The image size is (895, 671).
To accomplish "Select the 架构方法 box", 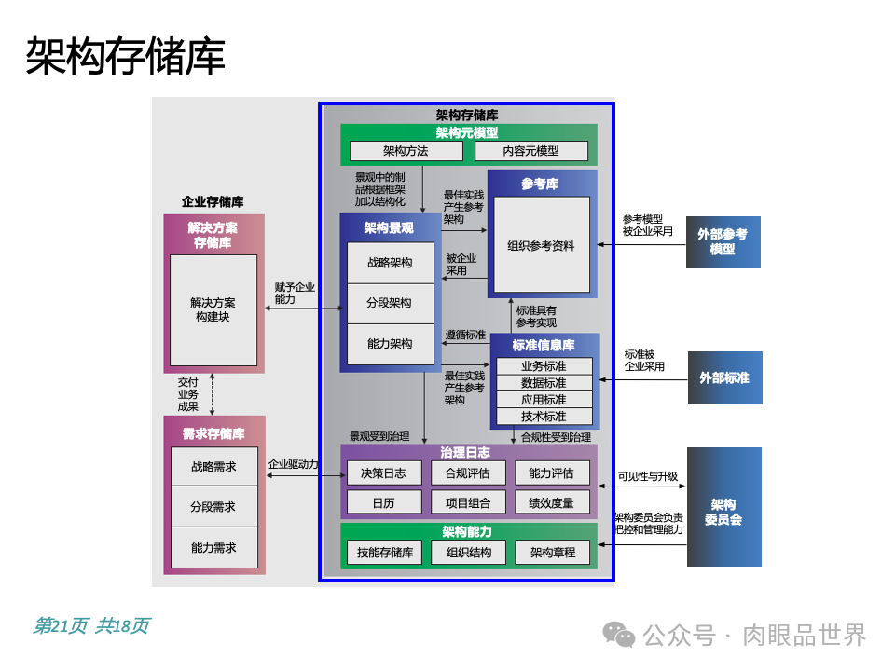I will click(x=406, y=151).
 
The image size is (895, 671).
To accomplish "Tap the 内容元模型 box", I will click(x=531, y=151).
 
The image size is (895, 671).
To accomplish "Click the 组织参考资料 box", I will click(x=541, y=246).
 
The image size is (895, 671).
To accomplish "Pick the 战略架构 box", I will click(x=389, y=263).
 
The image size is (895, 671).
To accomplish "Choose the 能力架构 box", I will click(x=389, y=344).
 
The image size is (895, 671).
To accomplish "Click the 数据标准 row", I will click(x=544, y=383).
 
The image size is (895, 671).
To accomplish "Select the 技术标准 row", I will click(x=544, y=417).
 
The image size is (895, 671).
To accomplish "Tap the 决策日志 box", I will click(x=383, y=473).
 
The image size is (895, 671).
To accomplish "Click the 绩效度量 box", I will click(x=552, y=503).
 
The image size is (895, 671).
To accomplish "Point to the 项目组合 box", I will click(x=467, y=503).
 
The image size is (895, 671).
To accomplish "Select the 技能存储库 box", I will click(x=383, y=553).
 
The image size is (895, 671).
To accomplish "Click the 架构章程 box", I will click(x=552, y=553).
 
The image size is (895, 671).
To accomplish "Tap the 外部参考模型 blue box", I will click(x=723, y=242).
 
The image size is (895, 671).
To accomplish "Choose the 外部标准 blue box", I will click(x=724, y=377).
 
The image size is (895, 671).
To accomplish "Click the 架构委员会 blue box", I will click(x=723, y=507).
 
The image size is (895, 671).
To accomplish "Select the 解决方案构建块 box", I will click(x=213, y=309).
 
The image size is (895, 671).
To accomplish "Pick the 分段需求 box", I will click(x=213, y=507).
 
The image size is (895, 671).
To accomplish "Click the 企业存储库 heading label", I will click(x=213, y=201).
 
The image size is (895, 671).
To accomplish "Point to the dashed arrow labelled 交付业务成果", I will click(x=213, y=394).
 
